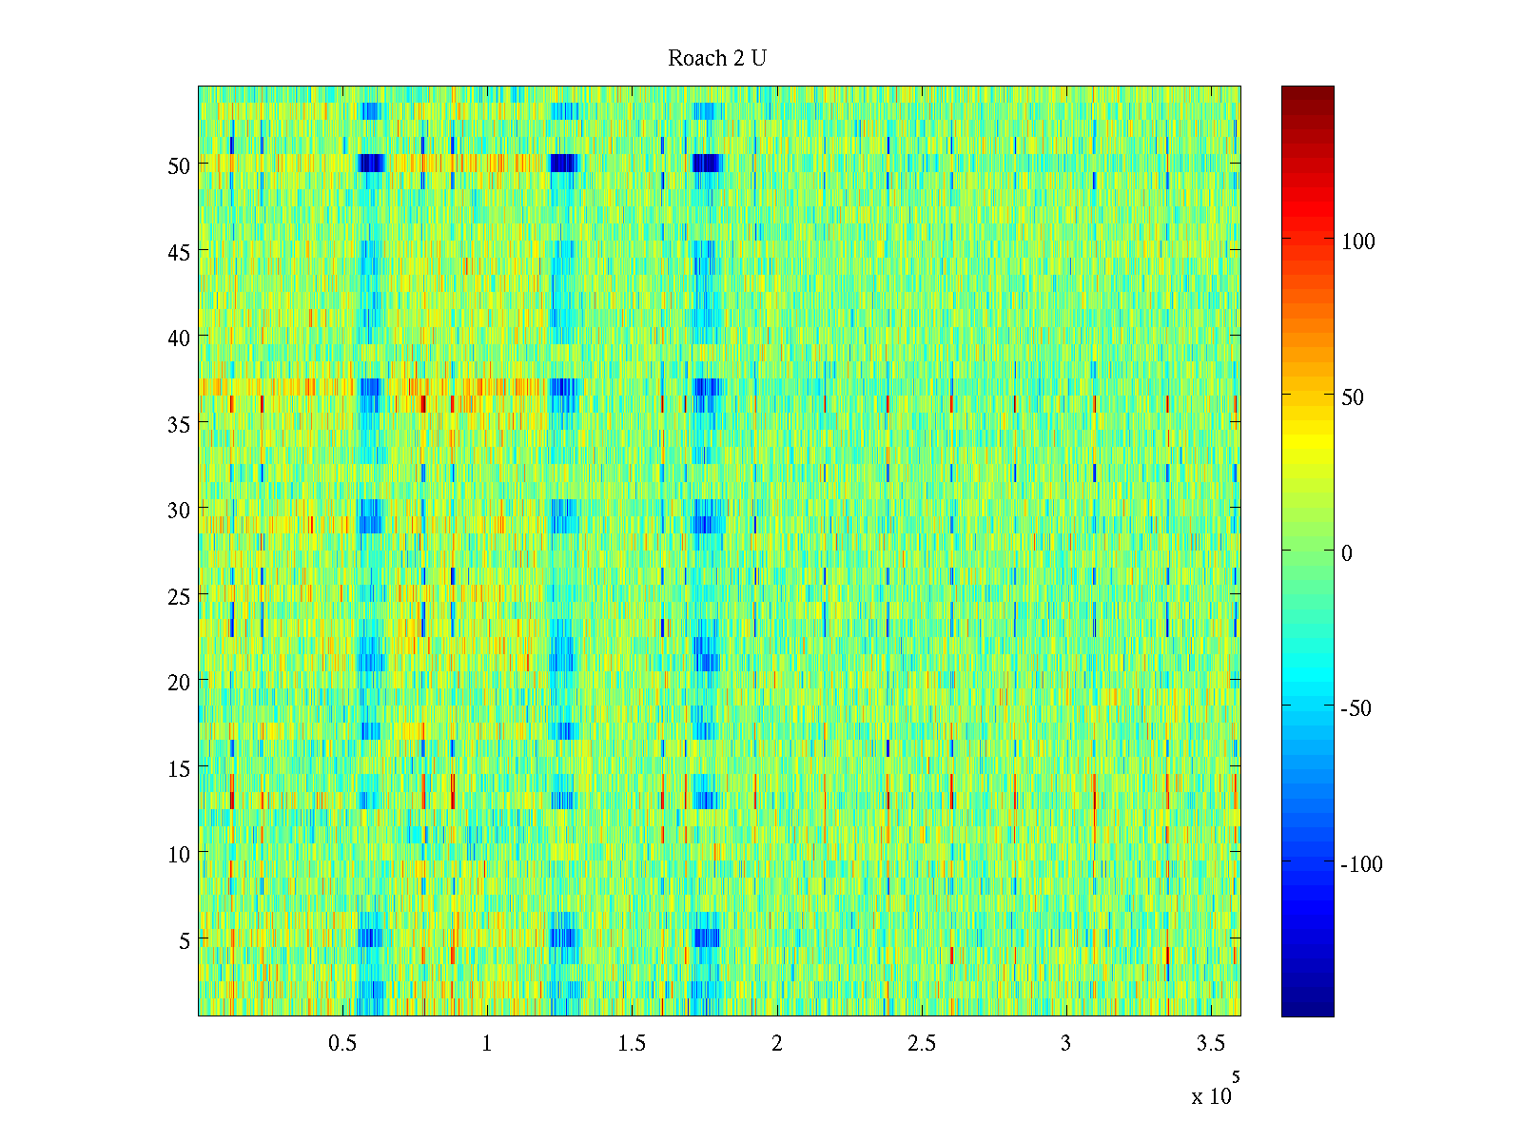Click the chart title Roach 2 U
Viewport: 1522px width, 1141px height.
[x=717, y=59]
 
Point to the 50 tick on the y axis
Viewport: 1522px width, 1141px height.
[x=179, y=165]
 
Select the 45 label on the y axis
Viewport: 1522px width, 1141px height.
[x=179, y=252]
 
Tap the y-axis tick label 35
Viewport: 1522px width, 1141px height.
[x=179, y=424]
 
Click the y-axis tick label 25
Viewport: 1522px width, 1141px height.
[x=179, y=596]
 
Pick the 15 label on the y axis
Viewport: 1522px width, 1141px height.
[x=179, y=768]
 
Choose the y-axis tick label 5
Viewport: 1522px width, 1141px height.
[x=185, y=940]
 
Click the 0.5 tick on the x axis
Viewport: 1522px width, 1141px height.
[x=342, y=1044]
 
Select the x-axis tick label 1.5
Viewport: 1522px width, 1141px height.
[x=632, y=1044]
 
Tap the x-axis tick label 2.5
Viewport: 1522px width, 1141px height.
[x=922, y=1044]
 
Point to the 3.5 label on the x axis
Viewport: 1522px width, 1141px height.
[x=1211, y=1044]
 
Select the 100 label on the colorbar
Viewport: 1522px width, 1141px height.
[x=1358, y=242]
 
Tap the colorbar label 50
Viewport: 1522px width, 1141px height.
[x=1353, y=397]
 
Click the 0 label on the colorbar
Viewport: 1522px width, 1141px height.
[x=1347, y=553]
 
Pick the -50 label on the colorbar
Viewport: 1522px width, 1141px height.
[x=1356, y=708]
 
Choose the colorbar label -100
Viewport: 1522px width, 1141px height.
[x=1361, y=864]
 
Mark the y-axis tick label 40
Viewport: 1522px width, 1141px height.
[x=179, y=338]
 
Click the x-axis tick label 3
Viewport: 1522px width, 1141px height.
[x=1065, y=1044]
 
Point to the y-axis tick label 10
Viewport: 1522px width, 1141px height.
[x=179, y=855]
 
